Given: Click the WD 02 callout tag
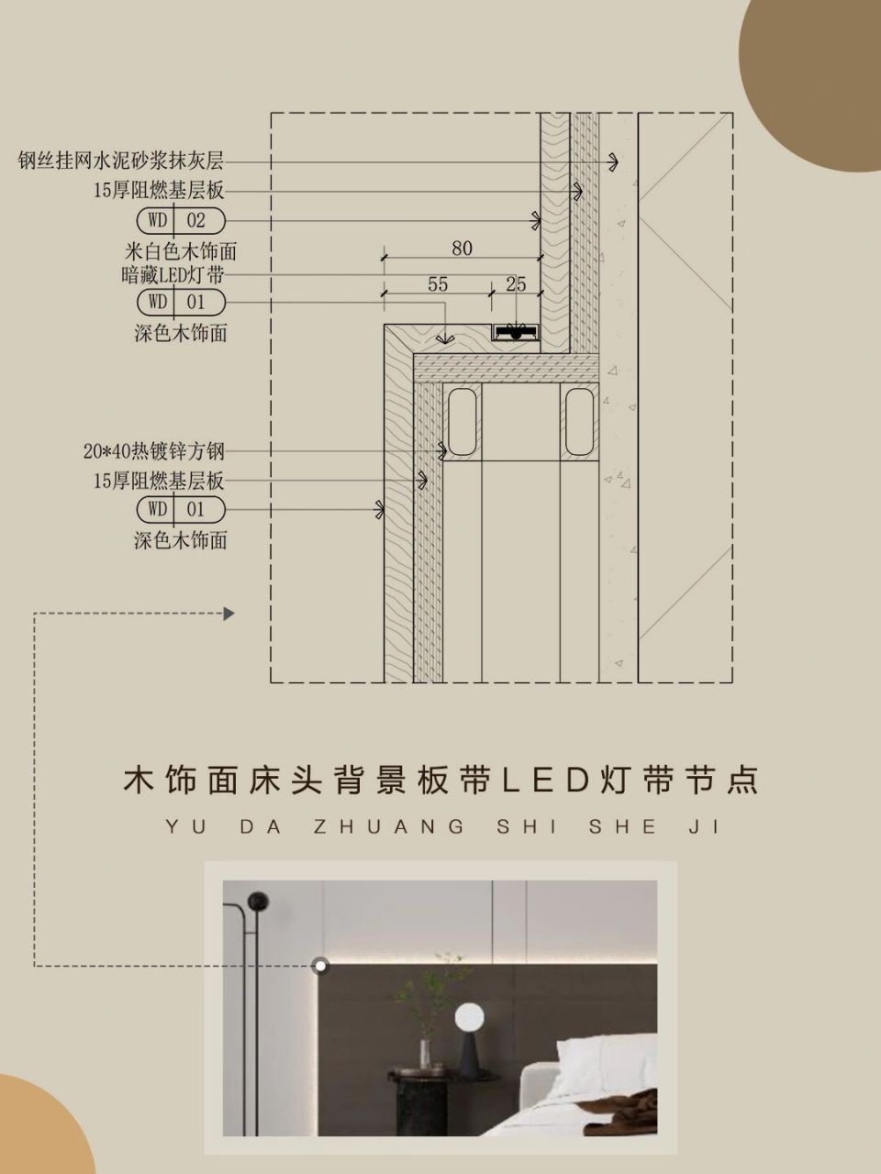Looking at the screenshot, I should (181, 220).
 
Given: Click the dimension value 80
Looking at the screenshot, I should (462, 248).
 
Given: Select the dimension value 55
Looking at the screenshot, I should (438, 284).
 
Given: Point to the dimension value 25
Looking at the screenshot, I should (516, 284).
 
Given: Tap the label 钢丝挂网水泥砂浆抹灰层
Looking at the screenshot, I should (121, 161).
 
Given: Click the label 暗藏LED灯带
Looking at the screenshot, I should (173, 274).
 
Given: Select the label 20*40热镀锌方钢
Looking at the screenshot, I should (153, 451).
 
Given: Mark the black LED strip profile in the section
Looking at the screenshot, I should (516, 332).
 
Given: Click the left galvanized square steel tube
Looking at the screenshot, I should (462, 421).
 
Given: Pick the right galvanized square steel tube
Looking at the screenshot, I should (581, 421).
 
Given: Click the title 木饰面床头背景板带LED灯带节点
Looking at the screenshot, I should (440, 781).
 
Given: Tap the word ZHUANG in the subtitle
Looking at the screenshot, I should (389, 827).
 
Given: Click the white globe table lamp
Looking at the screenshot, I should (470, 1016).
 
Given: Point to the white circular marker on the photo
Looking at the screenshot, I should (320, 965).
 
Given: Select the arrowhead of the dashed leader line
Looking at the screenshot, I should (229, 614).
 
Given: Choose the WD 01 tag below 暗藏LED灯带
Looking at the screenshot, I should (181, 302).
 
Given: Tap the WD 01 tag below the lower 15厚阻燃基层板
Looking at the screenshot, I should (181, 509).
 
